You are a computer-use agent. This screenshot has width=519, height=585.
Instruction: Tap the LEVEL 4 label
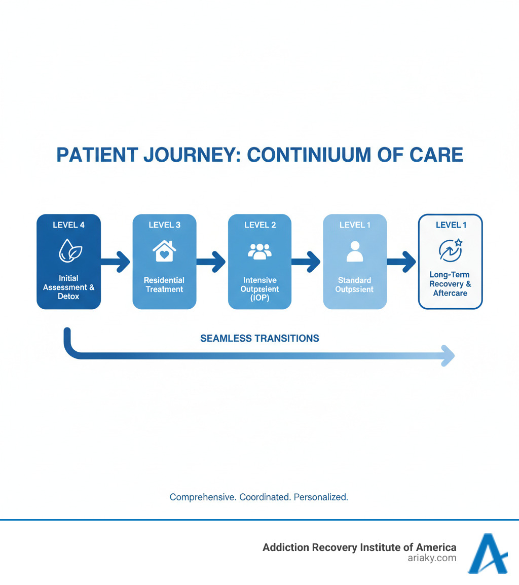[68, 225]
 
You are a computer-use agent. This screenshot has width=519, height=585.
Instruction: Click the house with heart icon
[164, 251]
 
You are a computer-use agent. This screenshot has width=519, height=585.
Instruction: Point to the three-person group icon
[259, 251]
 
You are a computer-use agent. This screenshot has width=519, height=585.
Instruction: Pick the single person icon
[355, 251]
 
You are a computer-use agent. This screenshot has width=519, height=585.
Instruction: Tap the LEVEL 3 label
[164, 225]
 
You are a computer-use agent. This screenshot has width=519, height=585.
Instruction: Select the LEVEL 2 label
[259, 225]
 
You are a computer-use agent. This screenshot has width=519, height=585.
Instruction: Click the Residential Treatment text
[164, 284]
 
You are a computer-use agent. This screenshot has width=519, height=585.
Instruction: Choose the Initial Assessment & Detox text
[68, 287]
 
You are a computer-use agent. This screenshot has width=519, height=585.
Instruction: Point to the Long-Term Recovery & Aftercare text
[450, 284]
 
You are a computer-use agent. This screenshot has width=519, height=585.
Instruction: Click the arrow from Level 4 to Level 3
[116, 262]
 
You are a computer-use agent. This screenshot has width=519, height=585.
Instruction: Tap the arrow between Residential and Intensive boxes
[211, 262]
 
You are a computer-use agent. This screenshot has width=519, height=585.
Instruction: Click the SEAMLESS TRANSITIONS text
[259, 338]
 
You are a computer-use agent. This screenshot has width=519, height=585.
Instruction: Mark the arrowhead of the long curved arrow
[448, 355]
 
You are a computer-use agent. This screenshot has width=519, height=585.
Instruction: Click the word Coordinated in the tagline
[264, 497]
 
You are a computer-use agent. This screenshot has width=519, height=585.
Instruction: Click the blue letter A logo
[487, 554]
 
